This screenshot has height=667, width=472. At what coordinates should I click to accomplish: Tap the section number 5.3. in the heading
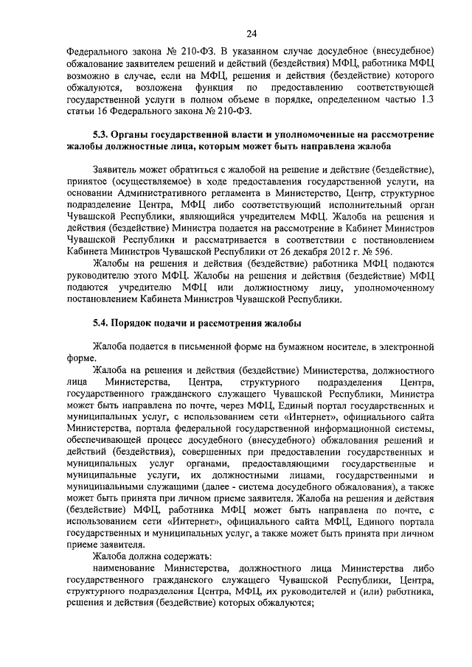click(x=102, y=136)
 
